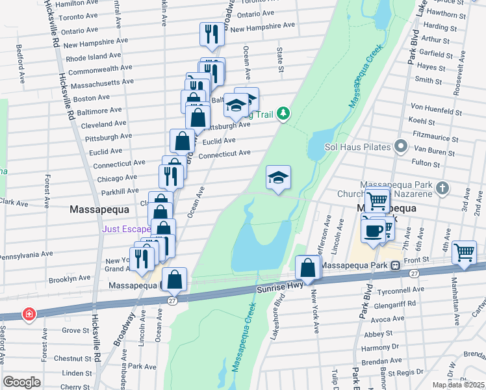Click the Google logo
coord(21,382)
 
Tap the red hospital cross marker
coord(29,315)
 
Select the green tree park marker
coord(283,114)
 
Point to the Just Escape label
coord(127,229)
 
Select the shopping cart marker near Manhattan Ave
coord(464,251)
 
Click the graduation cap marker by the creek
coord(278,177)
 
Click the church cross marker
coord(442,188)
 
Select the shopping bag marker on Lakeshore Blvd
coord(307,267)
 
